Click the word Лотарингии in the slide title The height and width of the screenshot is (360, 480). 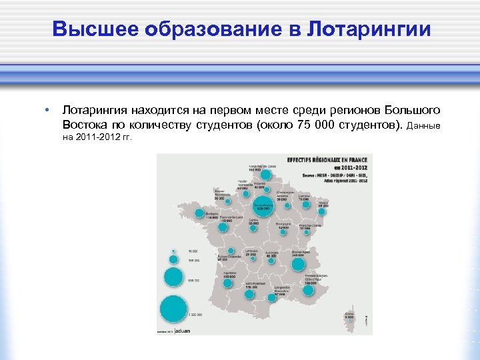pos(369,29)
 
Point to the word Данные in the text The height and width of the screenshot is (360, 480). pos(423,126)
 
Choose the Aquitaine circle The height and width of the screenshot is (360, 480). pos(227,283)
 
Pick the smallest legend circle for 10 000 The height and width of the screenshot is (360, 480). pos(173,252)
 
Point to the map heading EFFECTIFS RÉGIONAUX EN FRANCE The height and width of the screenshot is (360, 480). pos(327,161)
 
